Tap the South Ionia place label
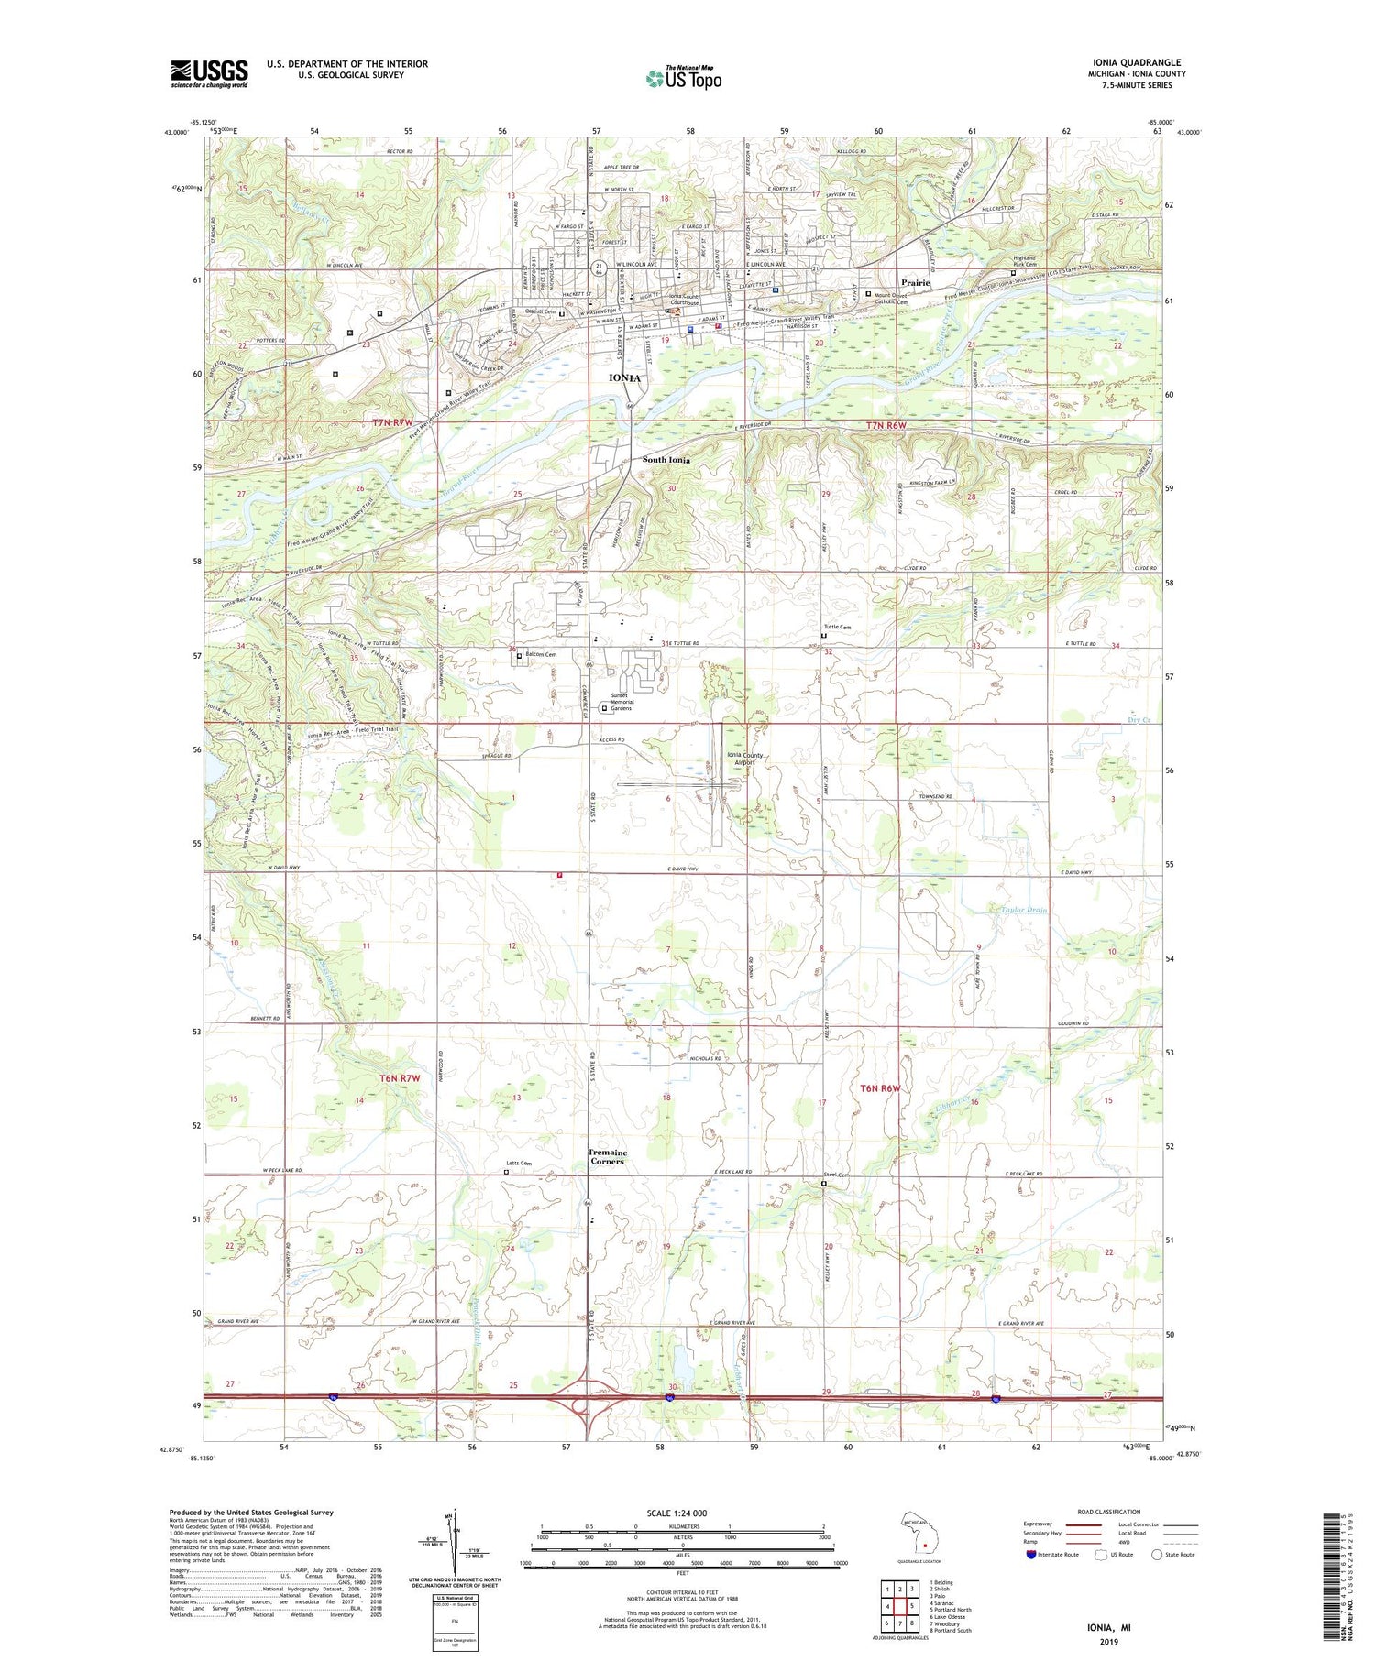click(666, 460)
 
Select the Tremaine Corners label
click(607, 1157)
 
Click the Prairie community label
click(915, 283)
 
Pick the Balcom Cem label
click(540, 655)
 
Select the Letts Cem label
click(519, 1164)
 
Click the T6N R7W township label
click(400, 1078)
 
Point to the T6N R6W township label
click(881, 1088)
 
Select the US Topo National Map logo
click(683, 77)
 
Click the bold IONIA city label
click(624, 377)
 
